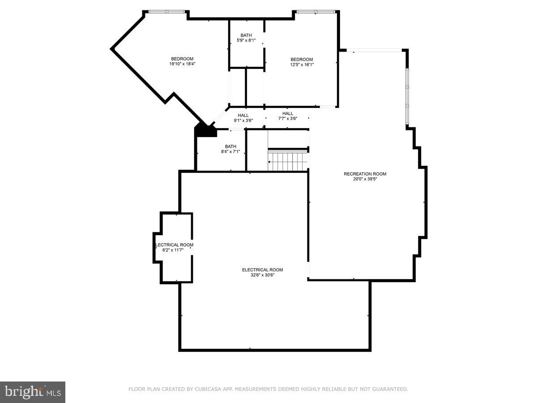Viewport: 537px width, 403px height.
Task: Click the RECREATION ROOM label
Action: point(365,174)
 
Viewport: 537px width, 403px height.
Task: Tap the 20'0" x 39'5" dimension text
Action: point(365,179)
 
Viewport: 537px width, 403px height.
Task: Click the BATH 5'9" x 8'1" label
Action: point(246,38)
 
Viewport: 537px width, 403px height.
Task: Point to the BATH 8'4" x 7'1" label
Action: point(230,149)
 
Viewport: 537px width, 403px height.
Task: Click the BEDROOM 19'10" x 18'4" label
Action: point(182,61)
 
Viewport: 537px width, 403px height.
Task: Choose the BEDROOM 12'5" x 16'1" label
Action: point(302,62)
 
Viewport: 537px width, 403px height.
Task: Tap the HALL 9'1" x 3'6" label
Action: point(243,118)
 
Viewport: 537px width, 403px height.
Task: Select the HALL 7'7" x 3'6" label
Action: point(287,116)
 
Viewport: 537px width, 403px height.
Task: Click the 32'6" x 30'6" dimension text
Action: point(262,275)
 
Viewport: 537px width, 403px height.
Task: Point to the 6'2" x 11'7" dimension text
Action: point(173,250)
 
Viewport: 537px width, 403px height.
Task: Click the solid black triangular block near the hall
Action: point(205,130)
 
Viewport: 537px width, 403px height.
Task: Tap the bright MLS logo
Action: point(33,392)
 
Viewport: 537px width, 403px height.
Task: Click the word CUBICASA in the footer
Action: point(205,390)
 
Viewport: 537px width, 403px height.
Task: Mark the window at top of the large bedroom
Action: point(166,11)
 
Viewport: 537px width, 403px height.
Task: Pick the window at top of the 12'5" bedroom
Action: point(315,11)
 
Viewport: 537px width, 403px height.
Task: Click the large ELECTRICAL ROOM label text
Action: point(262,270)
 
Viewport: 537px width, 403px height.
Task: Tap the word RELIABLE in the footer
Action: point(328,390)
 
